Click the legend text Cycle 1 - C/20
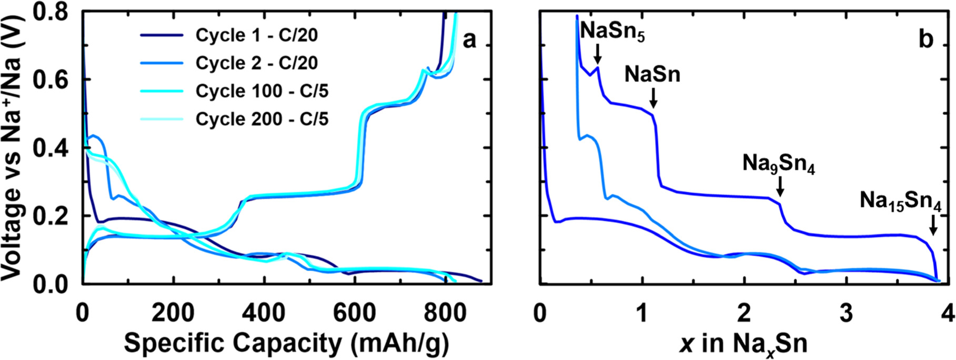click(257, 35)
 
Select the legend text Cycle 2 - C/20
click(257, 63)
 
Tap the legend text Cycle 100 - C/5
click(262, 91)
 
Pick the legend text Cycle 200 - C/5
click(262, 119)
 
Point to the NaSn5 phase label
click(612, 33)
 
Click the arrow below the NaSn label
click(653, 98)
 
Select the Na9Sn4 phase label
click(779, 164)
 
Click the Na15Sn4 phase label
click(900, 202)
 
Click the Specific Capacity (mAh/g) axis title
click(287, 343)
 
